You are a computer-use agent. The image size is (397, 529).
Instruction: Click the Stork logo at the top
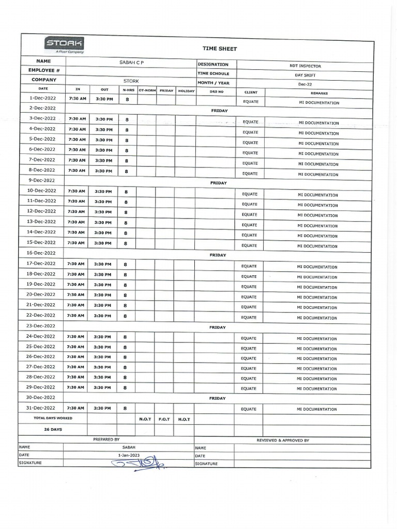(x=64, y=44)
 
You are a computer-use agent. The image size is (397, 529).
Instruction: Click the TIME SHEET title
(x=212, y=49)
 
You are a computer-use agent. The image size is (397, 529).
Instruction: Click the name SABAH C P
(x=130, y=63)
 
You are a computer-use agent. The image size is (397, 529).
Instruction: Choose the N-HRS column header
(x=128, y=90)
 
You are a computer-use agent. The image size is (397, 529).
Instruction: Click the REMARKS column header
(x=319, y=94)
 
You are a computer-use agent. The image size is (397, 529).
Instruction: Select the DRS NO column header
(x=217, y=91)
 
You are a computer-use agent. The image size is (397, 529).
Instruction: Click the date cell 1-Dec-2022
(x=42, y=98)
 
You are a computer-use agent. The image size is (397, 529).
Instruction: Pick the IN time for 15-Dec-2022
(x=76, y=243)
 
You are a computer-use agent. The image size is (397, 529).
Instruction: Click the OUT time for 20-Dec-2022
(x=102, y=295)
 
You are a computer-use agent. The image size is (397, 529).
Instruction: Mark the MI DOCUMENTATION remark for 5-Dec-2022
(x=318, y=144)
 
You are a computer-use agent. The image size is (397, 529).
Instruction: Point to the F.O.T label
(x=164, y=419)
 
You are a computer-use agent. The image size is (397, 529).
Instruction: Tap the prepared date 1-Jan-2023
(x=129, y=455)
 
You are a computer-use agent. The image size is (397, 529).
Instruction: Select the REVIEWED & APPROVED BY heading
(x=283, y=440)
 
